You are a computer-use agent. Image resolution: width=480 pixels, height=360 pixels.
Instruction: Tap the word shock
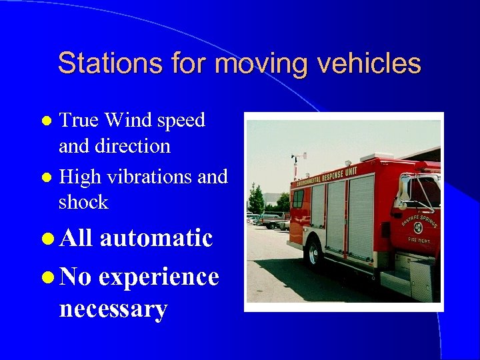pyautogui.click(x=83, y=202)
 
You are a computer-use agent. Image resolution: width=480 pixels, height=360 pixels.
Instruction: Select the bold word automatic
pyautogui.click(x=156, y=237)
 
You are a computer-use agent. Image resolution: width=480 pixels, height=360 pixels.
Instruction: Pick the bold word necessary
pyautogui.click(x=113, y=309)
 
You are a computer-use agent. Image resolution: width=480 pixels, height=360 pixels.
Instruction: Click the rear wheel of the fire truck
pyautogui.click(x=314, y=254)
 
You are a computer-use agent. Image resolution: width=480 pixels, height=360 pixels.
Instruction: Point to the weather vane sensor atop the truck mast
pyautogui.click(x=295, y=157)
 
